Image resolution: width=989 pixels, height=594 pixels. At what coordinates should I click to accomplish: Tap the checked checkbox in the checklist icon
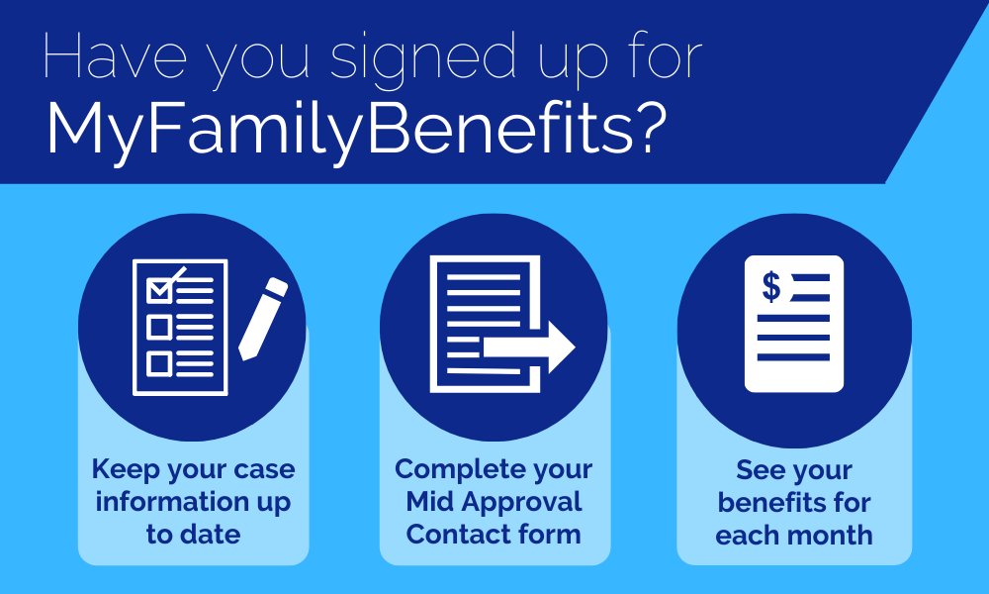(159, 289)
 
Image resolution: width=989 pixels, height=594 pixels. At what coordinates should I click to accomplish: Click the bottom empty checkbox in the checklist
(159, 363)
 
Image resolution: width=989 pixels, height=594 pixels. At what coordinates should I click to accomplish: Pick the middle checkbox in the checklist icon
(159, 327)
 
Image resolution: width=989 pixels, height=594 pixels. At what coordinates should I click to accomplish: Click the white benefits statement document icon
(794, 325)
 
